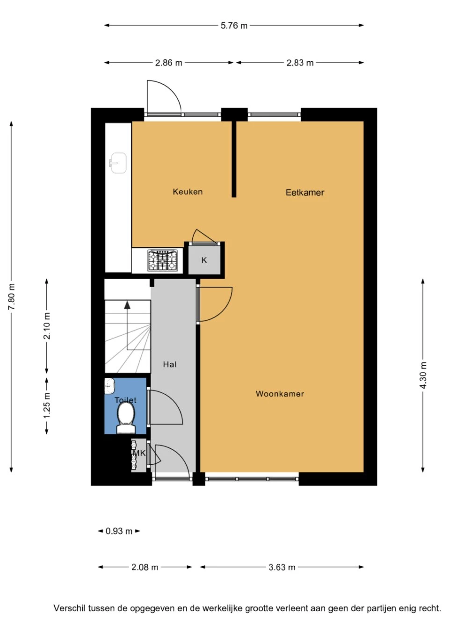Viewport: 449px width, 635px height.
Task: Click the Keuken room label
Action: tap(188, 192)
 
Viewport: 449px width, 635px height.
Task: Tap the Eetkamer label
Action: tap(305, 193)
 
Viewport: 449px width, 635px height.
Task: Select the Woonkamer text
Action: tap(280, 394)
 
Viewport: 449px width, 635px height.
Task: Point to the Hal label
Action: tap(170, 364)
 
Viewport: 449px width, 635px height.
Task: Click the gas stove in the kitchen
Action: tap(162, 260)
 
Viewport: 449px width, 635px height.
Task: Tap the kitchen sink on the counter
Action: tap(118, 163)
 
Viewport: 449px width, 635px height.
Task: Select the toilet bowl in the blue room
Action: tap(126, 418)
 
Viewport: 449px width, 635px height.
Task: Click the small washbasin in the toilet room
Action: tap(109, 386)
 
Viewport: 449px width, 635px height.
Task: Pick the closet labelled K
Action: tap(204, 260)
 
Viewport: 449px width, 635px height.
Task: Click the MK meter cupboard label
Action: tap(139, 454)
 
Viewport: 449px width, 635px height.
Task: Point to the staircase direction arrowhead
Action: tap(127, 305)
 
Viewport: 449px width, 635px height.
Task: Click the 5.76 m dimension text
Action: tap(234, 26)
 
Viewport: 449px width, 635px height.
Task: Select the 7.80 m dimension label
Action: tap(12, 296)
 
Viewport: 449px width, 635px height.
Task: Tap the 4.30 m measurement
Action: tap(423, 375)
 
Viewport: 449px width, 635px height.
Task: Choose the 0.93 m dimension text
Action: tap(119, 531)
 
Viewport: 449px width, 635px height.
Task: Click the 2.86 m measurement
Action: tap(169, 63)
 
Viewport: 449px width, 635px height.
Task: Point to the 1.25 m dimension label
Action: tap(47, 405)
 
